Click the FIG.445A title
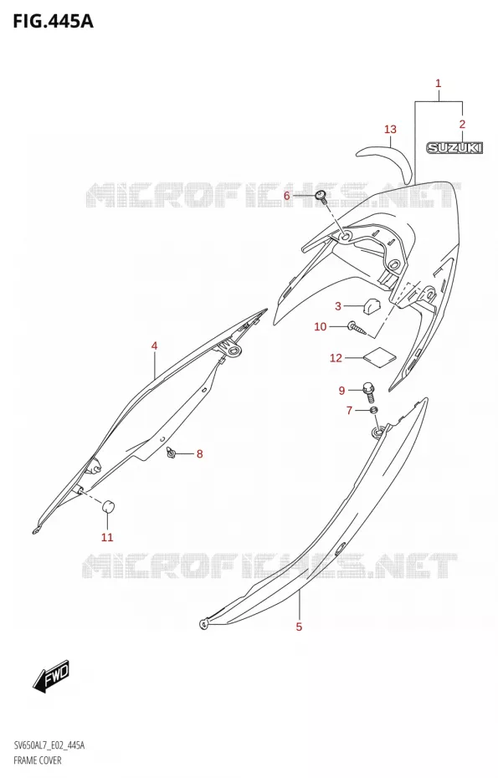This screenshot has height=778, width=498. point(53,22)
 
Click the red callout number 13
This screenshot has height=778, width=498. point(390,130)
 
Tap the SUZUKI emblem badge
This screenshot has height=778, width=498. point(454,147)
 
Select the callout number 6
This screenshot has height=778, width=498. point(286,196)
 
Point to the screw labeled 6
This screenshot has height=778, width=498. point(321,197)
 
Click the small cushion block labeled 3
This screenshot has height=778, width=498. point(371,305)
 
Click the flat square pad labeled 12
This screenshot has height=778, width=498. point(380,358)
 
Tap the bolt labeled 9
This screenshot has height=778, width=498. point(368,392)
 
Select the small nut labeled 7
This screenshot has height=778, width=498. point(374,410)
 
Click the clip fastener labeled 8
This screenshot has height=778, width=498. point(172,452)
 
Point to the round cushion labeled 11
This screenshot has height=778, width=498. point(108,506)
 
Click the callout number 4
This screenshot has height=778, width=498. point(154,345)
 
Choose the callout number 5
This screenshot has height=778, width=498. point(299,627)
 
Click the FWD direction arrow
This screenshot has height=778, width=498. point(51,677)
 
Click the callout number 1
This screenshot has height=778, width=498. point(439,84)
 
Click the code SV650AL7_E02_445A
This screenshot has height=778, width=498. point(49,745)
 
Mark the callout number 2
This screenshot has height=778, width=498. point(462,124)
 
